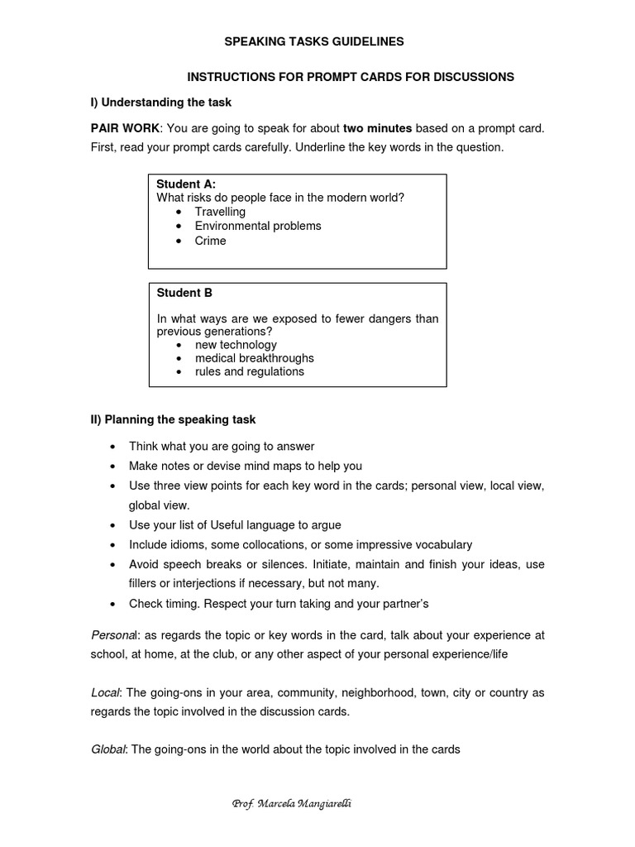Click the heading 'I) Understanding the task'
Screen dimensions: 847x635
(x=161, y=103)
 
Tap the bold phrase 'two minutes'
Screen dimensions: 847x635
(x=377, y=128)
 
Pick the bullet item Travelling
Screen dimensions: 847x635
(x=220, y=212)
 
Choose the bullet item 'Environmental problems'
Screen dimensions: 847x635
(x=258, y=226)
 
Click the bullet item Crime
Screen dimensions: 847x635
(x=210, y=241)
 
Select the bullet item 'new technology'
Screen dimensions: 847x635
(x=236, y=345)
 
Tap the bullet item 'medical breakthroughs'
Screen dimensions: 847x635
(x=254, y=358)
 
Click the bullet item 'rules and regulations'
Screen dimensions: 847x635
(x=249, y=371)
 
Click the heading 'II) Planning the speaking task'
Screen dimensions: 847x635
(x=174, y=420)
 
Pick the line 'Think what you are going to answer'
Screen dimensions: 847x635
(x=222, y=447)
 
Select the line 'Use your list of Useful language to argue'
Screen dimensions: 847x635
(x=235, y=524)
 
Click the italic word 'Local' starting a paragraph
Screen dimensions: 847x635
(x=106, y=692)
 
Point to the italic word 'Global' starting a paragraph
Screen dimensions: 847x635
(x=108, y=749)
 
